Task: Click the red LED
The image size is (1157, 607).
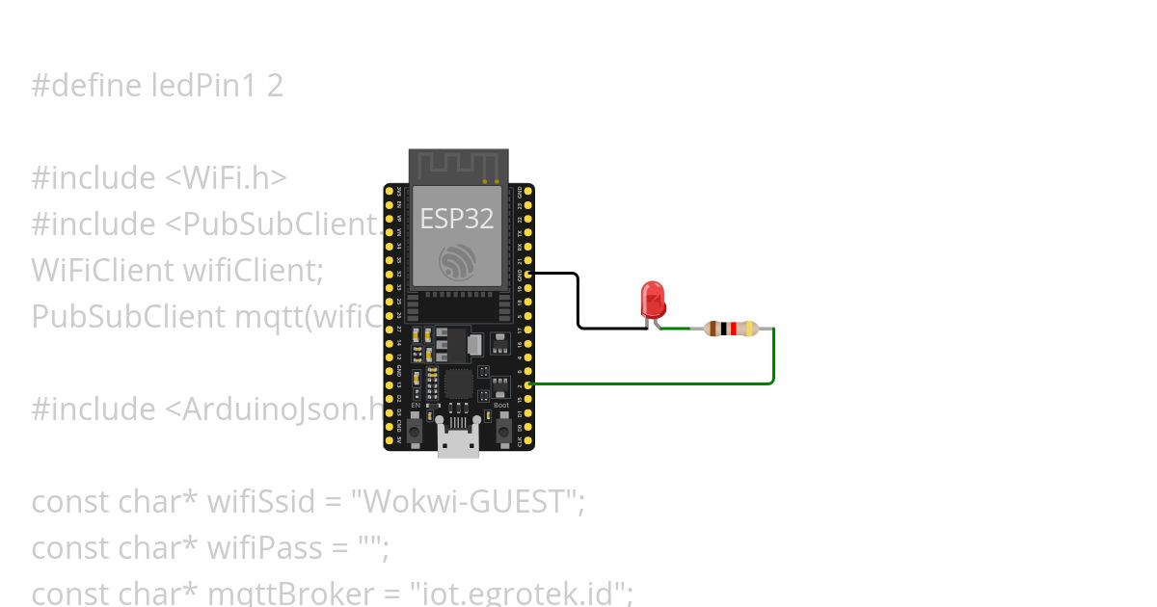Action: tap(653, 298)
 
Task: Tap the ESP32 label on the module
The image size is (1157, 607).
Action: tap(456, 219)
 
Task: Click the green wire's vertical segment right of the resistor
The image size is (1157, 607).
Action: tap(774, 356)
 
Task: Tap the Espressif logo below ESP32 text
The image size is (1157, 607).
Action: tap(457, 261)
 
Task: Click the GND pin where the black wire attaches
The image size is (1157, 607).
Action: tap(528, 274)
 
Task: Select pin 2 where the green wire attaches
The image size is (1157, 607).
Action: tap(528, 384)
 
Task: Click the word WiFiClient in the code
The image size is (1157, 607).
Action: tap(102, 270)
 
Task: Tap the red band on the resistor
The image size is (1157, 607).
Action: tap(734, 329)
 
